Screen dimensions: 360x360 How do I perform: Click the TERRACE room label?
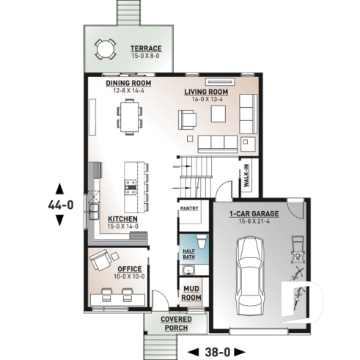point(146,49)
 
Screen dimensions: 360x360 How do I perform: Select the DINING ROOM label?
point(128,84)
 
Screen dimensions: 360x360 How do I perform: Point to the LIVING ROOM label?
point(206,92)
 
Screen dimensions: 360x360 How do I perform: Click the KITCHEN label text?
point(122,218)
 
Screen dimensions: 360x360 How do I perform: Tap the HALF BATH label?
point(187,253)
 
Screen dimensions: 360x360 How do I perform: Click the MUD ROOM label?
point(191,293)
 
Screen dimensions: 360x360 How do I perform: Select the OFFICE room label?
point(129,269)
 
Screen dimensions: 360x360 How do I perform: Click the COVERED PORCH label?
point(176,324)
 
